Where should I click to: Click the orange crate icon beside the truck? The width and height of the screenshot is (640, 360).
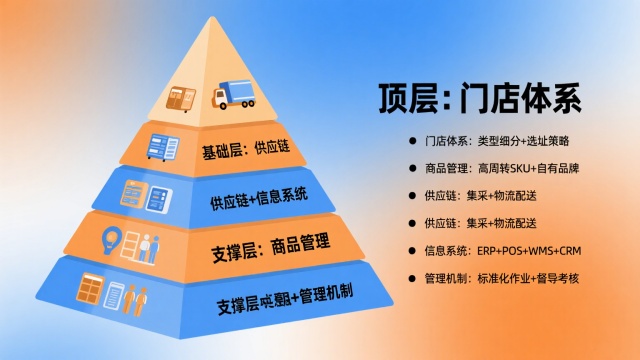[186, 98]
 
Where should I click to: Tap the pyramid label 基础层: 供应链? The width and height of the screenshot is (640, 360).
[245, 151]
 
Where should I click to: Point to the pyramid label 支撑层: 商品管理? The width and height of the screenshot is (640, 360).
[271, 242]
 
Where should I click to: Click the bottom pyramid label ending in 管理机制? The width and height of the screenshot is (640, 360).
[290, 297]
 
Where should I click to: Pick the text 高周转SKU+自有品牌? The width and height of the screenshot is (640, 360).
[528, 169]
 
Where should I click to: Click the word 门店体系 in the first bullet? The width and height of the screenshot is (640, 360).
[446, 142]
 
